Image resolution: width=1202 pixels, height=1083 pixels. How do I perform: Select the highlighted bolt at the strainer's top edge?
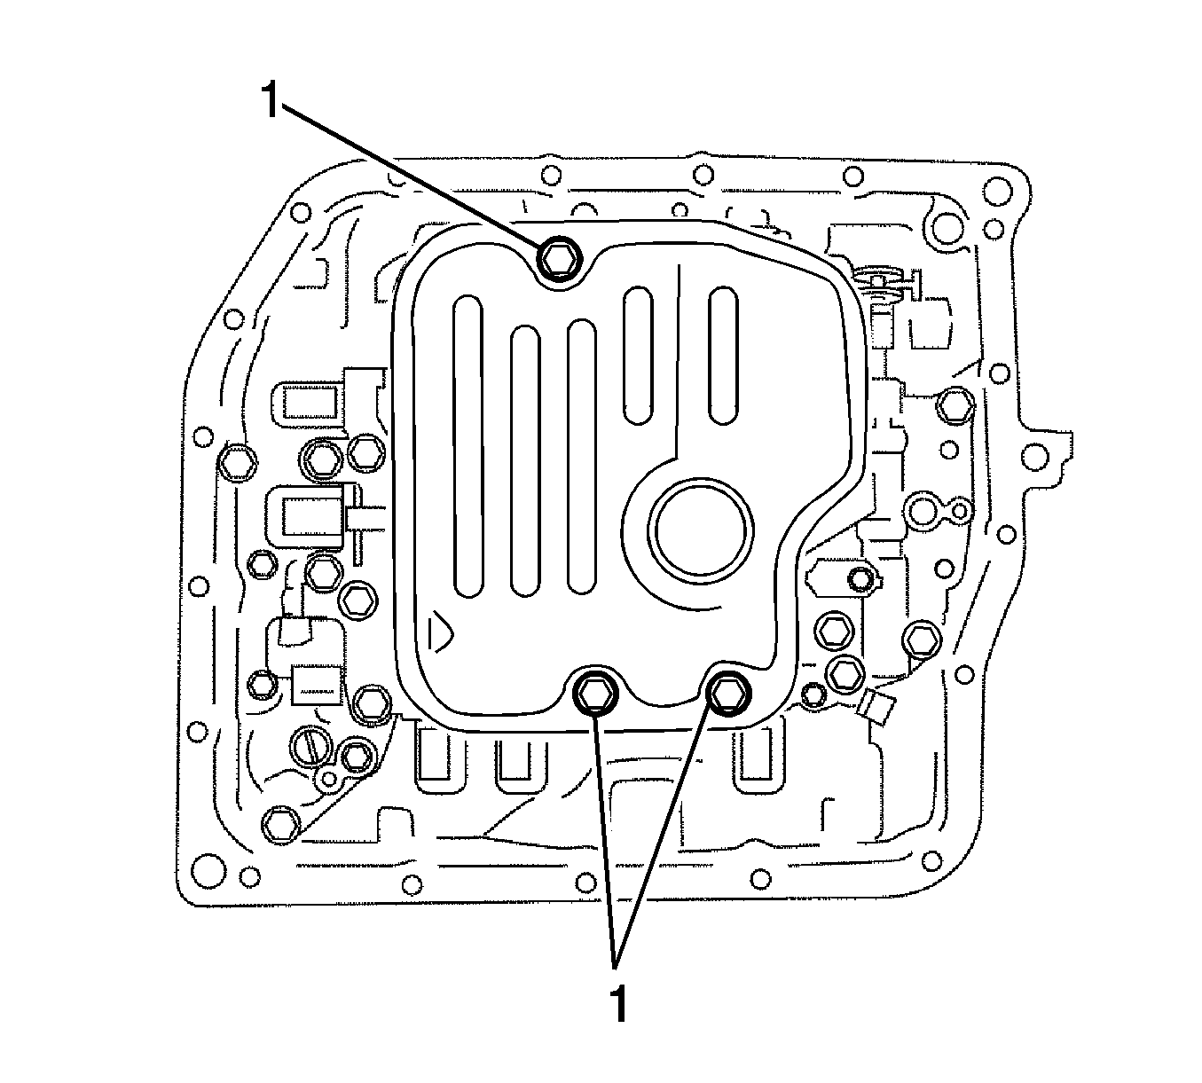[x=559, y=258]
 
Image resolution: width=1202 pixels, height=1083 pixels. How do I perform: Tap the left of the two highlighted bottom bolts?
[x=593, y=691]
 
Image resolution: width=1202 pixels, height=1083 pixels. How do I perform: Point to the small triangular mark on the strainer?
[x=438, y=631]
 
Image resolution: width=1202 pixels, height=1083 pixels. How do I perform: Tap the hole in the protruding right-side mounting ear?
[x=1033, y=458]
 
